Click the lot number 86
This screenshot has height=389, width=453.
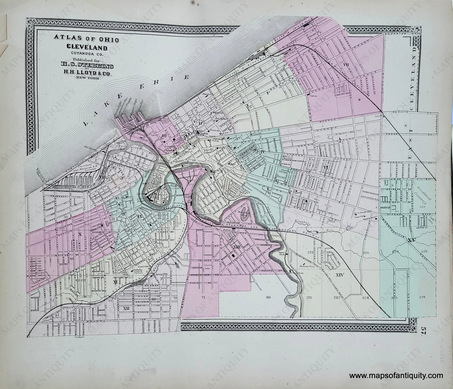pyautogui.click(x=268, y=297)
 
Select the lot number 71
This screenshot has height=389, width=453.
pyautogui.click(x=203, y=297)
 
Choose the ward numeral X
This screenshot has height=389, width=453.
pyautogui.click(x=80, y=234)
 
